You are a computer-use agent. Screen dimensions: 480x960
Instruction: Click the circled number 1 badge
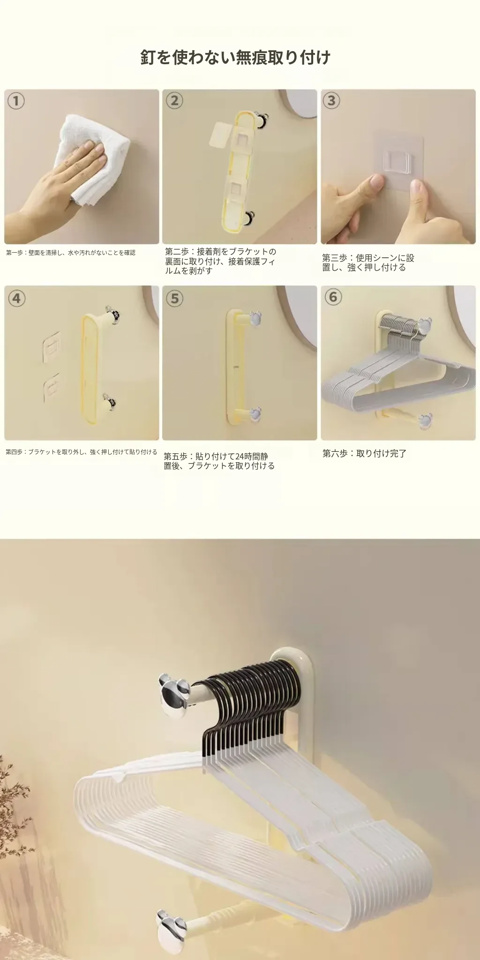[x=16, y=101]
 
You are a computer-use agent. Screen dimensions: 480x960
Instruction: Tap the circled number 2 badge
[x=175, y=101]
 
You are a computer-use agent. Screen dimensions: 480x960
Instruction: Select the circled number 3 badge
[x=332, y=101]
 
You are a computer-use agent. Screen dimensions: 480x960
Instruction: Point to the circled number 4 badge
[x=16, y=298]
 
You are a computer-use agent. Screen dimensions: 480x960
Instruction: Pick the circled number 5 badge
[x=175, y=298]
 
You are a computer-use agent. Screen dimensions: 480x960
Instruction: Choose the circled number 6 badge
[x=333, y=297]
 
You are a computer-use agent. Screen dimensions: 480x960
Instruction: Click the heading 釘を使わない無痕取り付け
[x=236, y=57]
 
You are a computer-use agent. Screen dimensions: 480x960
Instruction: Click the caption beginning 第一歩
[x=71, y=253]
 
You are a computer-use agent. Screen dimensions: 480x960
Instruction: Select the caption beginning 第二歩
[x=220, y=261]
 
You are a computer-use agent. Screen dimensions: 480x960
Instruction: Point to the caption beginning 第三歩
[x=368, y=262]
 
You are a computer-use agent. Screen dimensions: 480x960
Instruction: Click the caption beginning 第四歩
[x=81, y=452]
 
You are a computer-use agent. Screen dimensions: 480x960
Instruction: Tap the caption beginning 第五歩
[x=219, y=461]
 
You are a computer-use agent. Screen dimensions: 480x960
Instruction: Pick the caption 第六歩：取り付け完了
[x=364, y=453]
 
